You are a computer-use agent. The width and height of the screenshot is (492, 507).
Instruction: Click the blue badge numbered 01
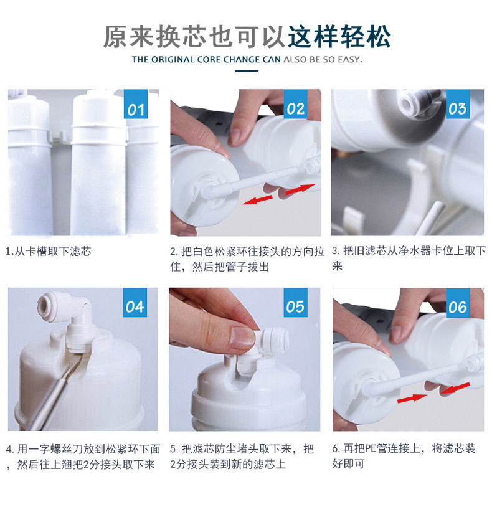(x=136, y=104)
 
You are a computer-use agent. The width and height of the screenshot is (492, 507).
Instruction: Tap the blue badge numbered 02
(x=295, y=104)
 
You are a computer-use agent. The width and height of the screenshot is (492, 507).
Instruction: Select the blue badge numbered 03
(x=457, y=104)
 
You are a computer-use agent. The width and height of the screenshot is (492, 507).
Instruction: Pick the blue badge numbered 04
(x=135, y=302)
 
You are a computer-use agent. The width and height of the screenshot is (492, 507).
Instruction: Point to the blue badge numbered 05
(x=295, y=302)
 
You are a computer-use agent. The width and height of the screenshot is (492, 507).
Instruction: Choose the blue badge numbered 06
(x=457, y=302)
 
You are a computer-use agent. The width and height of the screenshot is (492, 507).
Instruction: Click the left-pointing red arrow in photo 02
(x=258, y=199)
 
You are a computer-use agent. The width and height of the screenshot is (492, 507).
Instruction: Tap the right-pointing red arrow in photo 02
(x=300, y=189)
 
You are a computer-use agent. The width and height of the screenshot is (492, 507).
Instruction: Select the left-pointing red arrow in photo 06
(x=455, y=388)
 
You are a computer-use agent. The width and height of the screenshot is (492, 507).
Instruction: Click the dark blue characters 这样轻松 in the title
(x=339, y=37)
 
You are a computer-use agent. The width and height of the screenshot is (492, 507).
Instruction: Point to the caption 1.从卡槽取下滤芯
(x=49, y=251)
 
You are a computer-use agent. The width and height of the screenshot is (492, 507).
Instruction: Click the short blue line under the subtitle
(x=247, y=71)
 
